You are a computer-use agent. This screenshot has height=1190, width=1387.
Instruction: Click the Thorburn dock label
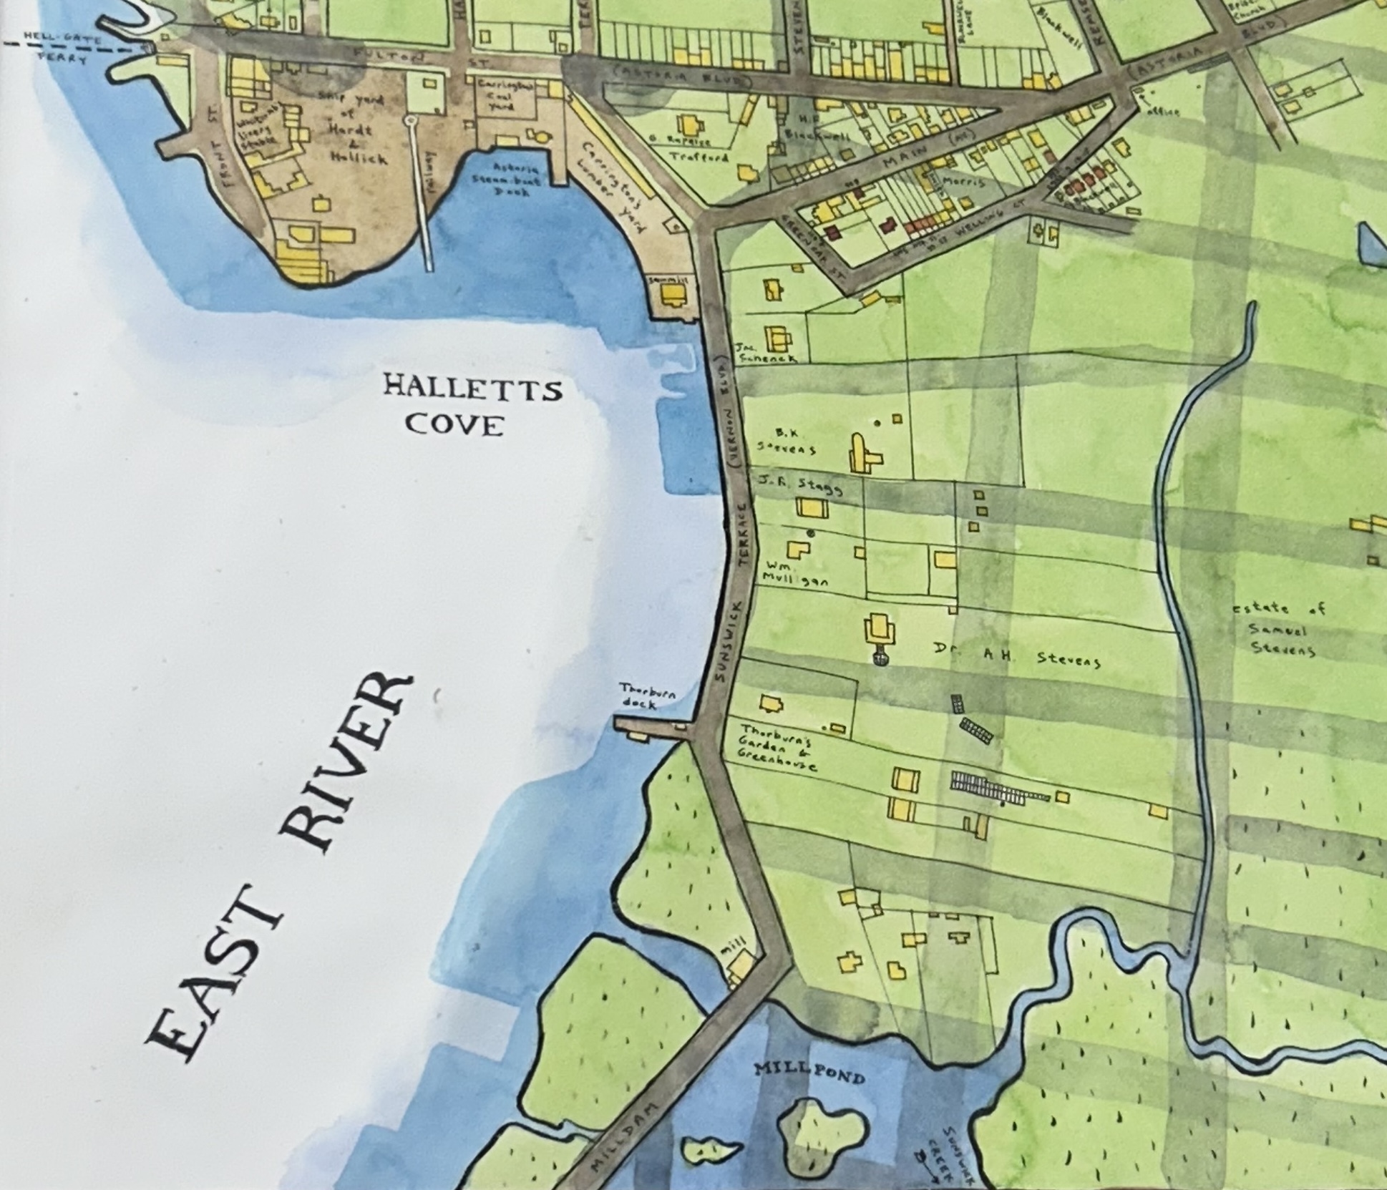click(x=649, y=696)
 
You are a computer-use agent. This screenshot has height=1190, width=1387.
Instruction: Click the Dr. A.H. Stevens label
click(x=1016, y=655)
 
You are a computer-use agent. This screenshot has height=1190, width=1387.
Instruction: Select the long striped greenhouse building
click(x=998, y=788)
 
